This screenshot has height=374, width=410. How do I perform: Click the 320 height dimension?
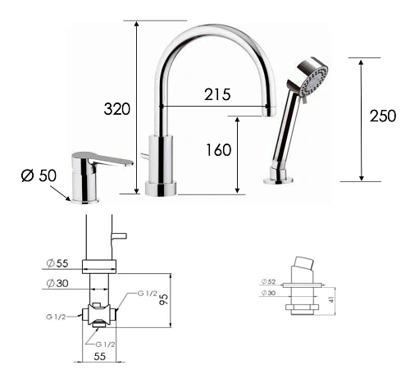[x=117, y=109]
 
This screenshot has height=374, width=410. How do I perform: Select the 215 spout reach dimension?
[x=217, y=94]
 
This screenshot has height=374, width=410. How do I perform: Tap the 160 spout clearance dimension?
[x=218, y=150]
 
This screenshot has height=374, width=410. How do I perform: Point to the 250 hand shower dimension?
[x=383, y=116]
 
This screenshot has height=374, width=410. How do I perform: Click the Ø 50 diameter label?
[x=39, y=176]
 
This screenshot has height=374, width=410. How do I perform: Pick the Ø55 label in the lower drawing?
[x=57, y=263]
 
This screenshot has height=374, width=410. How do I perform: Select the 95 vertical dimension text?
[x=164, y=299]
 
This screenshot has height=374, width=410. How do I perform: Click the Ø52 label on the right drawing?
[x=268, y=281]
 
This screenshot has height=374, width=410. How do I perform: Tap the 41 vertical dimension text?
[x=331, y=299]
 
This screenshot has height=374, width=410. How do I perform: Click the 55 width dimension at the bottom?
[x=99, y=357]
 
